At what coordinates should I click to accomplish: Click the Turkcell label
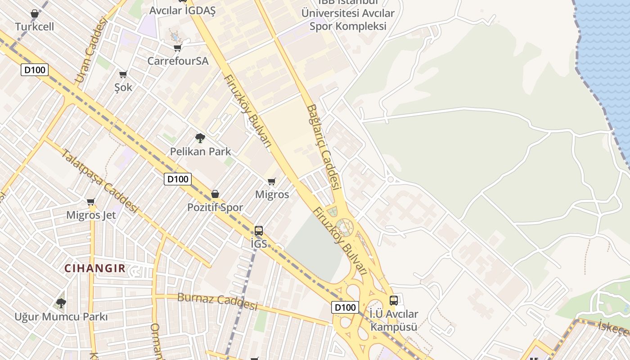pos(35,27)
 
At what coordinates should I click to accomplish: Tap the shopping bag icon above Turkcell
pos(35,14)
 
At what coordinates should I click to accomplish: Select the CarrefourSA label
pos(178,61)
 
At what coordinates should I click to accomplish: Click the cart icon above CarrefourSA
pos(177,48)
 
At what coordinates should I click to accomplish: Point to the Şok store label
pos(123,87)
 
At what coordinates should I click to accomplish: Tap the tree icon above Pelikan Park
pos(200,138)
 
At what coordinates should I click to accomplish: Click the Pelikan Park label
pos(200,152)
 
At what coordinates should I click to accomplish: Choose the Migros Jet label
pos(91,215)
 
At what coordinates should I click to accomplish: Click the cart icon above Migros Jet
pos(91,202)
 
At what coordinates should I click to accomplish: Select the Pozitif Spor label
pos(215,207)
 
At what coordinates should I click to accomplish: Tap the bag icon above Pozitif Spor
pos(215,194)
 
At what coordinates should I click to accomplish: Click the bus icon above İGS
pos(259,231)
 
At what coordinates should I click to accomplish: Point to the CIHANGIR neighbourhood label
pos(95,269)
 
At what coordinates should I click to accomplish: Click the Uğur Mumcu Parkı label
pos(61,317)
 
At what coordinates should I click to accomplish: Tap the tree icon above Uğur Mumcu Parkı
pos(61,303)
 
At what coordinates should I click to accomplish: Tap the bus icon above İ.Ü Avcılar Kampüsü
pos(394,300)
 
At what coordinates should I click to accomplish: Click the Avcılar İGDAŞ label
pos(183,10)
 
